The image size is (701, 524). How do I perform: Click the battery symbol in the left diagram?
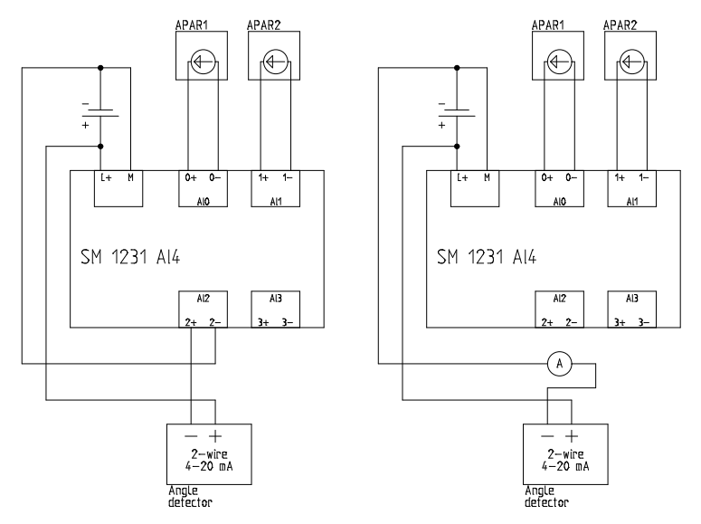click(100, 113)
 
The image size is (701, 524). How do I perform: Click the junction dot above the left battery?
click(100, 66)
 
